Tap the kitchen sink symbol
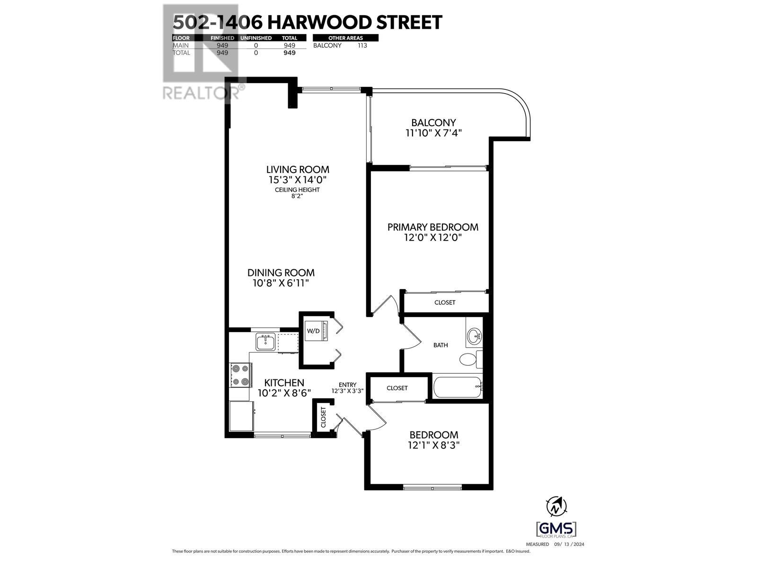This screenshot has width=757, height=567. [266, 342]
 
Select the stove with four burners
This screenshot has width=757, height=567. [240, 375]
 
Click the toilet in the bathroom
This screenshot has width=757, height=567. [469, 359]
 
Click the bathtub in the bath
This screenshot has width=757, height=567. [458, 387]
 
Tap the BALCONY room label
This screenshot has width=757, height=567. [433, 122]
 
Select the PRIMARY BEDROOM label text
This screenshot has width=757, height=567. [432, 227]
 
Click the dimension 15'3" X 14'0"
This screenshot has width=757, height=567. [298, 180]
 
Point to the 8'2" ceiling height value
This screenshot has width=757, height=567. [297, 196]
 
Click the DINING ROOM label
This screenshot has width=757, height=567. [281, 273]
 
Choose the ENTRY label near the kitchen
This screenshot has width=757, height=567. [347, 385]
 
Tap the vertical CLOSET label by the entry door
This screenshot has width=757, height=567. [324, 418]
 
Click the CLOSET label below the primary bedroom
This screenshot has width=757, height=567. [445, 302]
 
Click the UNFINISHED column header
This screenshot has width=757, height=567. [256, 38]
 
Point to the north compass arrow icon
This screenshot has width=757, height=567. [557, 507]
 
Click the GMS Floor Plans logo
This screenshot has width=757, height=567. [556, 529]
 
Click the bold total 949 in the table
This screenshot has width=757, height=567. [289, 53]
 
